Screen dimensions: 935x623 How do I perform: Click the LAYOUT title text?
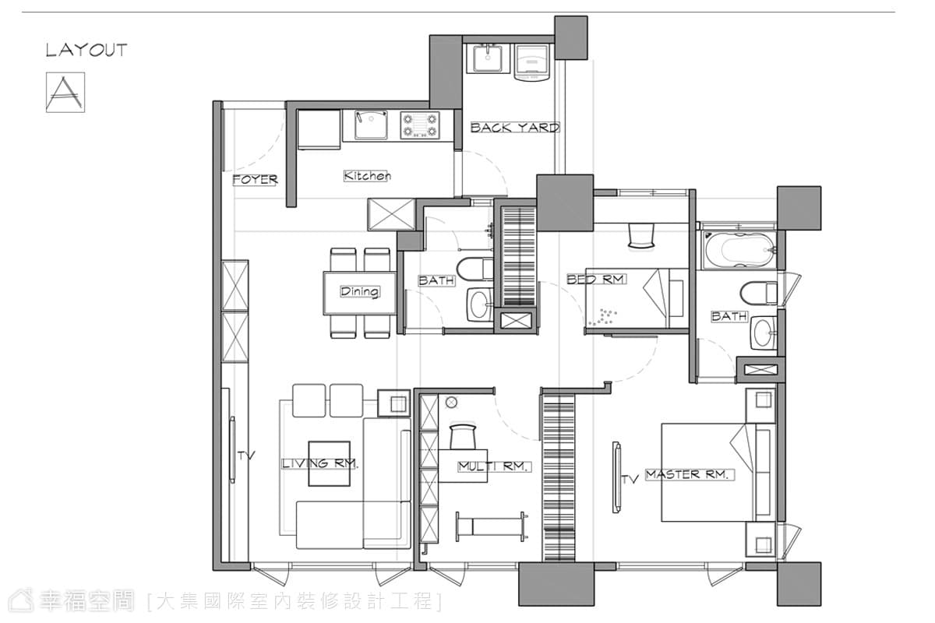click(86, 50)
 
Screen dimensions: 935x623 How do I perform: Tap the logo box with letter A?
click(65, 92)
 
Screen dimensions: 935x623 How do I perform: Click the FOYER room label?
click(255, 180)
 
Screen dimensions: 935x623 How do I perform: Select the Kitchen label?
click(367, 176)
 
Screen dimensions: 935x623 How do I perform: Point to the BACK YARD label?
click(515, 127)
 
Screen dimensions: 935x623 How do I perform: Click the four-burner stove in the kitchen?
click(420, 125)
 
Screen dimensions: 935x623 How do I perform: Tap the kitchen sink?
click(371, 125)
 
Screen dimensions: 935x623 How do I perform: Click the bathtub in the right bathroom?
click(739, 249)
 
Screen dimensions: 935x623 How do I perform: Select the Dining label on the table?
click(359, 291)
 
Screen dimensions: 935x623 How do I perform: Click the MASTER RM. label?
click(690, 474)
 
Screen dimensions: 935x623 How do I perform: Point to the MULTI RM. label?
click(495, 466)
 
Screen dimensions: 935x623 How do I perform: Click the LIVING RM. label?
click(319, 463)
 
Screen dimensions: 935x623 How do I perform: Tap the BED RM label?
click(597, 279)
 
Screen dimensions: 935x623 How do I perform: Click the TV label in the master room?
click(630, 480)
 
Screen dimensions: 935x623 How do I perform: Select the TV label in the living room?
click(246, 456)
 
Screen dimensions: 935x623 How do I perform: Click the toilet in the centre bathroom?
click(475, 269)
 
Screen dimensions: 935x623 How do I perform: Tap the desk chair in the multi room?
click(463, 436)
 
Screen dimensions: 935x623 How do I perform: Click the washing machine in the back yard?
click(531, 62)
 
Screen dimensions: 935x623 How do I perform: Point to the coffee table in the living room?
click(329, 463)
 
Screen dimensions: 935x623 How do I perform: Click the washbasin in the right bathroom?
click(764, 333)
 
